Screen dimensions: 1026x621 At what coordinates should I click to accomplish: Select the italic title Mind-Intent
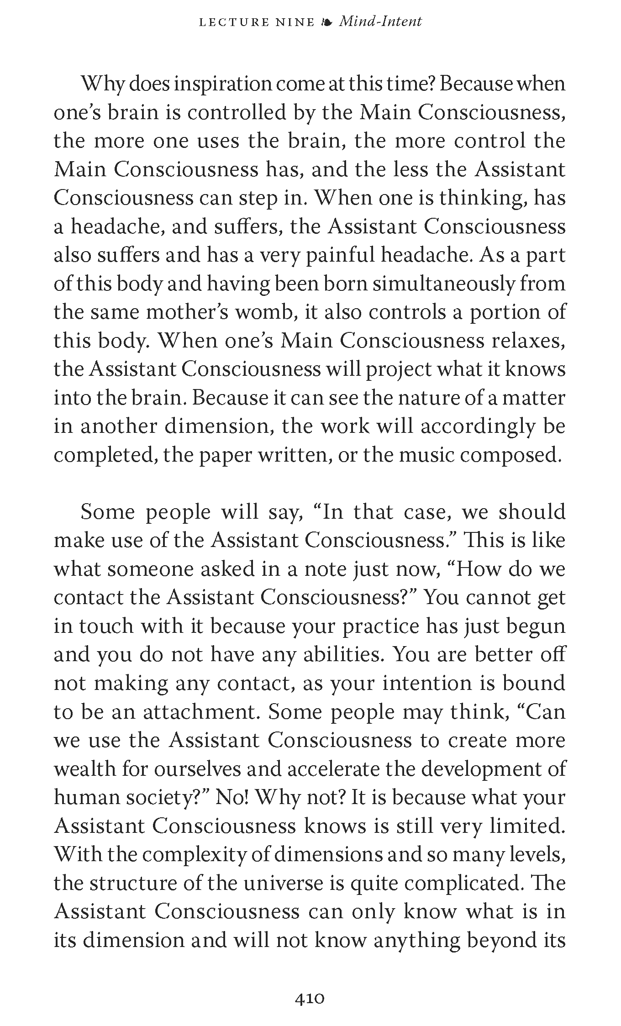click(x=380, y=21)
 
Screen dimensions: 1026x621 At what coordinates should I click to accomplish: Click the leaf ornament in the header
click(x=326, y=22)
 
